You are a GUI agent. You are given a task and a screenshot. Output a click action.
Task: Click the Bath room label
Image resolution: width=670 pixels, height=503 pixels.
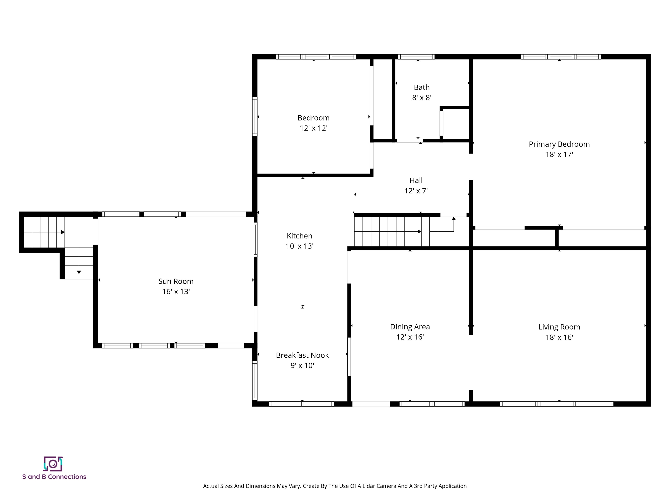(x=422, y=87)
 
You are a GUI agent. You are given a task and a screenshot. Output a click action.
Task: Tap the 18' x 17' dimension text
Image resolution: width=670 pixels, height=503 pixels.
(x=559, y=154)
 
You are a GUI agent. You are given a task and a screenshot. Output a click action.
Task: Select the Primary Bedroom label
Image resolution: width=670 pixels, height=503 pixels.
(x=559, y=144)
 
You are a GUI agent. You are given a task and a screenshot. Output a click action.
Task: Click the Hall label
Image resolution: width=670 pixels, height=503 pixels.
(x=416, y=180)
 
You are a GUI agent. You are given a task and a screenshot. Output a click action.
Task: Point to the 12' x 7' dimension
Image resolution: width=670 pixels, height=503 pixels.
(x=416, y=191)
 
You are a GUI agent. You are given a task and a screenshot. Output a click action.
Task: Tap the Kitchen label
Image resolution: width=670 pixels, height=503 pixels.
(x=299, y=236)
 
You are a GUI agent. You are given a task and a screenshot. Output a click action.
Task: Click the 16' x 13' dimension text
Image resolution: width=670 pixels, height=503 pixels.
(x=176, y=291)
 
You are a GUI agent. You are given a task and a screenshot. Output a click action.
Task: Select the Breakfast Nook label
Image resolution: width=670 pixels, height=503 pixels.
(x=302, y=355)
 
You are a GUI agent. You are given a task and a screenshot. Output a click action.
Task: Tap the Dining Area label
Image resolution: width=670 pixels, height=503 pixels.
(x=410, y=327)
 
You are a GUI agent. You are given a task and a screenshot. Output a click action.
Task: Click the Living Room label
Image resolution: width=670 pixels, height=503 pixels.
(x=559, y=327)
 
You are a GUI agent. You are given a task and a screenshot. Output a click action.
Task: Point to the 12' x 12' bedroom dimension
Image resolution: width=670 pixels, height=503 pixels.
(x=313, y=128)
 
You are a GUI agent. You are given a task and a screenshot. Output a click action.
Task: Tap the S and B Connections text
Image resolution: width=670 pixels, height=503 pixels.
(x=54, y=477)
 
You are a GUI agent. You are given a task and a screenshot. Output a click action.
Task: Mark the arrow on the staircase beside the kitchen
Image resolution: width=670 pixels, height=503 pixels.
(x=419, y=232)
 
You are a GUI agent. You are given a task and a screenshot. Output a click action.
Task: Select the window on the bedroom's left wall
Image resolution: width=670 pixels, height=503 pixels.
(x=255, y=116)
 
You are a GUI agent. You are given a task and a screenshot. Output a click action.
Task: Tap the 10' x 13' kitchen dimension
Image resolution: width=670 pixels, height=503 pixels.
(x=299, y=246)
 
